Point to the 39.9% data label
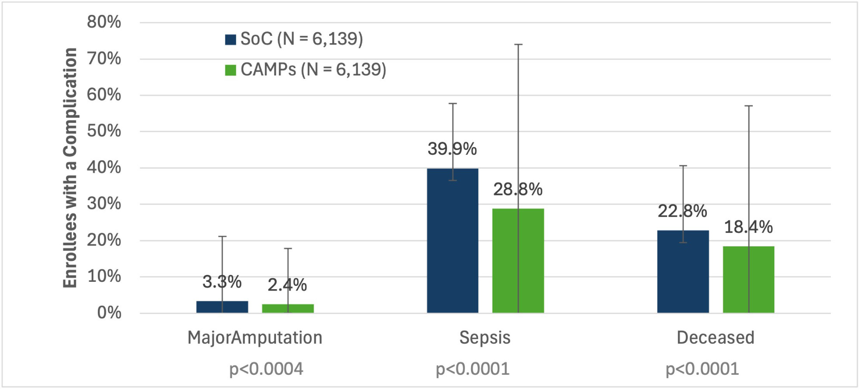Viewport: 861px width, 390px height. pyautogui.click(x=452, y=149)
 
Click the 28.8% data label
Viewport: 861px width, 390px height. pyautogui.click(x=518, y=190)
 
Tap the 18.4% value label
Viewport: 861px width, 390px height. pyautogui.click(x=748, y=227)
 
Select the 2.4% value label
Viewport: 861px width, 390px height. pyautogui.click(x=287, y=285)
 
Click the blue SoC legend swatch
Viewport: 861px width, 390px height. pyautogui.click(x=231, y=40)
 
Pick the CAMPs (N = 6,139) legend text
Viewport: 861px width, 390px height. pyautogui.click(x=313, y=70)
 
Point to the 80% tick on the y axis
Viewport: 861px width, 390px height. pyautogui.click(x=104, y=22)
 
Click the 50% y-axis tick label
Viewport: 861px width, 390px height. pyautogui.click(x=104, y=131)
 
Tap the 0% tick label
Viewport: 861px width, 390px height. pyautogui.click(x=109, y=313)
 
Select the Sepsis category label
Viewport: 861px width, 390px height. pyautogui.click(x=485, y=338)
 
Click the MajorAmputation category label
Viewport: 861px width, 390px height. pyautogui.click(x=255, y=338)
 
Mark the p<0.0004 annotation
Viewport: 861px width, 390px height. pyautogui.click(x=266, y=369)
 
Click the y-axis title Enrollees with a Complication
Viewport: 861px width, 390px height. pyautogui.click(x=70, y=168)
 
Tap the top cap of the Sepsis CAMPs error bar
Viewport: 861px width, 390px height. pyautogui.click(x=518, y=44)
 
